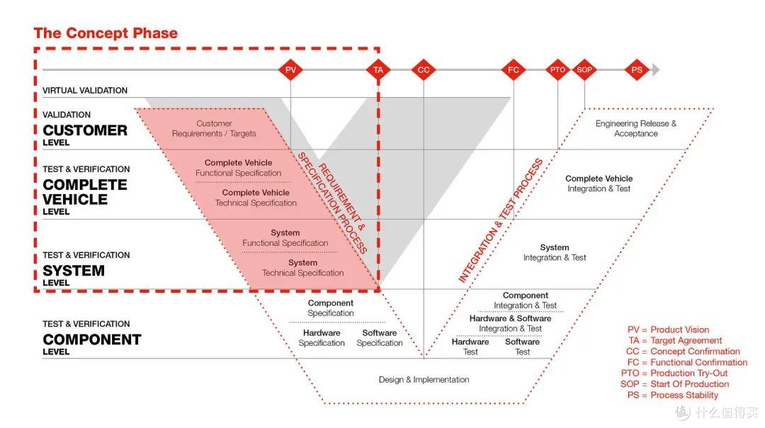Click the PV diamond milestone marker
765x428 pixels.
[290, 69]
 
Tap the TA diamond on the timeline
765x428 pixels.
[378, 69]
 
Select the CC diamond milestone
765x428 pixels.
[424, 69]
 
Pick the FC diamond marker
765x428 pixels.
[514, 69]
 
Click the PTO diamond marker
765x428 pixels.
[557, 69]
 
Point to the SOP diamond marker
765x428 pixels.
[584, 69]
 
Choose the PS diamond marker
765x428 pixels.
[637, 69]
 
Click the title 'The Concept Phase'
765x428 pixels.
[106, 33]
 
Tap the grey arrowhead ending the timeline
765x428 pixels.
[656, 69]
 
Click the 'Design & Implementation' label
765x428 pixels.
[424, 380]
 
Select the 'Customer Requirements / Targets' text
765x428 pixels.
[214, 129]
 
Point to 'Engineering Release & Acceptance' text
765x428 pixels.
[635, 129]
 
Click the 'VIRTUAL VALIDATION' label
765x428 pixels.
[85, 91]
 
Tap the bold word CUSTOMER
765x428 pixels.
[86, 130]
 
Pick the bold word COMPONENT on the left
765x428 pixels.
[92, 339]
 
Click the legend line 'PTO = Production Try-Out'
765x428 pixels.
[674, 373]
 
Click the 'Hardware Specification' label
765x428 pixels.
[322, 338]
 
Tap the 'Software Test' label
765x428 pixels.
[522, 347]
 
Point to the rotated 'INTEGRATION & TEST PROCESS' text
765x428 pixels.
[501, 220]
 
